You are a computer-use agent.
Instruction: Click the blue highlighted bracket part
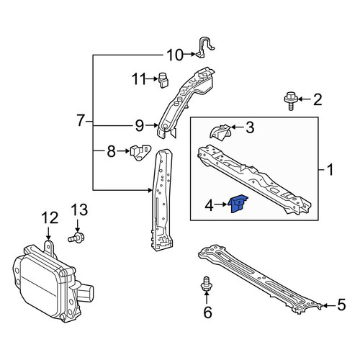pos(238,204)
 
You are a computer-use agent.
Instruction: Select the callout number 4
pos(210,206)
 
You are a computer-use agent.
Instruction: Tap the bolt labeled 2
pos(291,101)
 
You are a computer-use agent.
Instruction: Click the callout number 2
pos(318,99)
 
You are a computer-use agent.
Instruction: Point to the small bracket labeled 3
pos(220,132)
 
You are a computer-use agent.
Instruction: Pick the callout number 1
pos(330,170)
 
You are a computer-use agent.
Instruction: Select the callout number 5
pos(341,305)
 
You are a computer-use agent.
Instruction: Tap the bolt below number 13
pos(76,238)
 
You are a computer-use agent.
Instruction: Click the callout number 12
pos(50,217)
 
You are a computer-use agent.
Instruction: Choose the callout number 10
pos(175,55)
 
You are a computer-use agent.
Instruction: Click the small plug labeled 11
pos(163,80)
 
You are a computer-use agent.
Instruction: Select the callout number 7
pos(81,120)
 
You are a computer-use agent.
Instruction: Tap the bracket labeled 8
pos(140,152)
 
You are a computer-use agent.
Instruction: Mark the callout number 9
pos(140,126)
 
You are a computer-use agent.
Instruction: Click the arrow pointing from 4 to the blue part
pos(221,204)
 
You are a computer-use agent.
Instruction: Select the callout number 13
pos(79,210)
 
